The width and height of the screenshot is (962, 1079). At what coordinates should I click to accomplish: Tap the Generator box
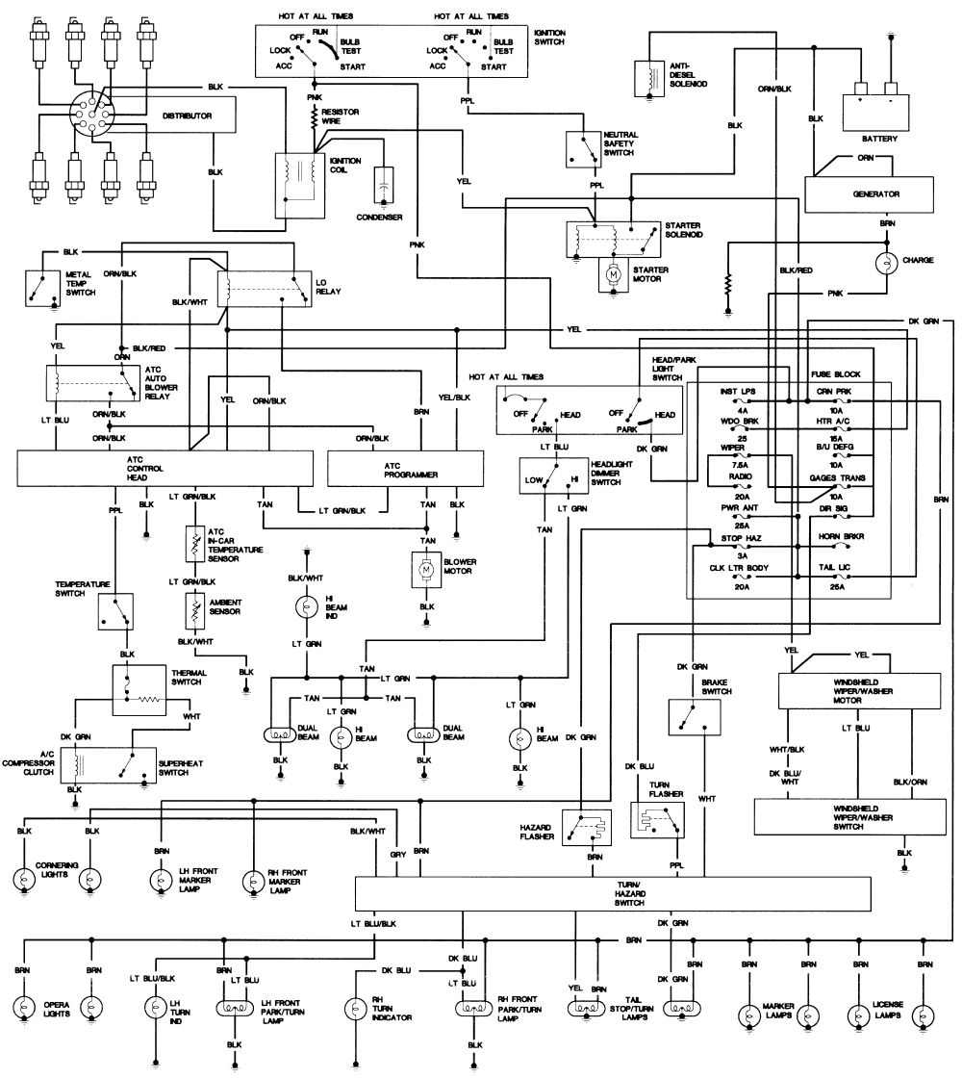[874, 193]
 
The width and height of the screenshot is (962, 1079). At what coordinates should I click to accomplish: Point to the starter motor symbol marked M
[612, 274]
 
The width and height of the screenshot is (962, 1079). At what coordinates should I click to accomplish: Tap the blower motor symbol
[425, 571]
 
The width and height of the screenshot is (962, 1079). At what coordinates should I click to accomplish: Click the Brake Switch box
[694, 717]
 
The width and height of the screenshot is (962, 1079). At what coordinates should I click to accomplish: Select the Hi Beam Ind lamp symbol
[307, 606]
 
